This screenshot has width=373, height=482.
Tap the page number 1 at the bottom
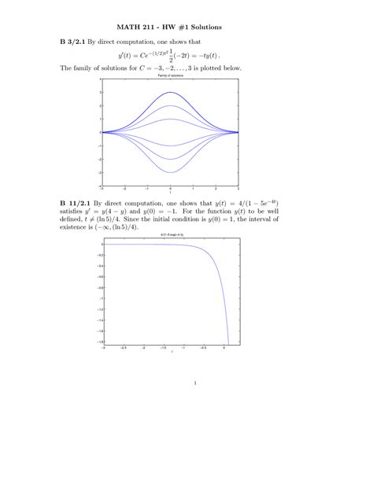[194, 384]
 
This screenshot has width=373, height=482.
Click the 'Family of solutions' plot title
[170, 75]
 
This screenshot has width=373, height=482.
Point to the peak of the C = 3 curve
[170, 93]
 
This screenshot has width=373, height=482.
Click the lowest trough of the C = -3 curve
[170, 172]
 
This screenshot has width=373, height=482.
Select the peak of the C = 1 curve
[170, 120]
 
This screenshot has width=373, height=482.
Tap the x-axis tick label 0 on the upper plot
[170, 189]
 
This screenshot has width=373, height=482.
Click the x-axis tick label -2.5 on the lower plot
[124, 348]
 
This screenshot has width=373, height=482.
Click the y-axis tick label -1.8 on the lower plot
[98, 342]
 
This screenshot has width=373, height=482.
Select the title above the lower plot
[172, 235]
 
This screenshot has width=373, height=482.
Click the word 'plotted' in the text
[208, 69]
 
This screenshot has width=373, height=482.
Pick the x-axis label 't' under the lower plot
[172, 352]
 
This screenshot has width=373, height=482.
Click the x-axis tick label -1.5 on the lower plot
[162, 348]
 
